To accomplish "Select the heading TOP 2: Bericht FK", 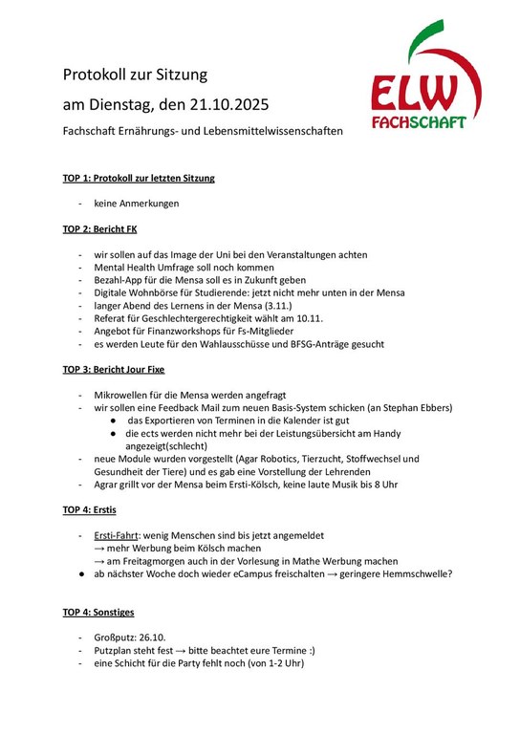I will pos(100,229).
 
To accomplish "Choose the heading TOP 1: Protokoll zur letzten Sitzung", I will pos(139,178).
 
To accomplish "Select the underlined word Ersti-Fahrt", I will pos(119,536).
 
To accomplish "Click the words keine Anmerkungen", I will pos(136,204).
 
